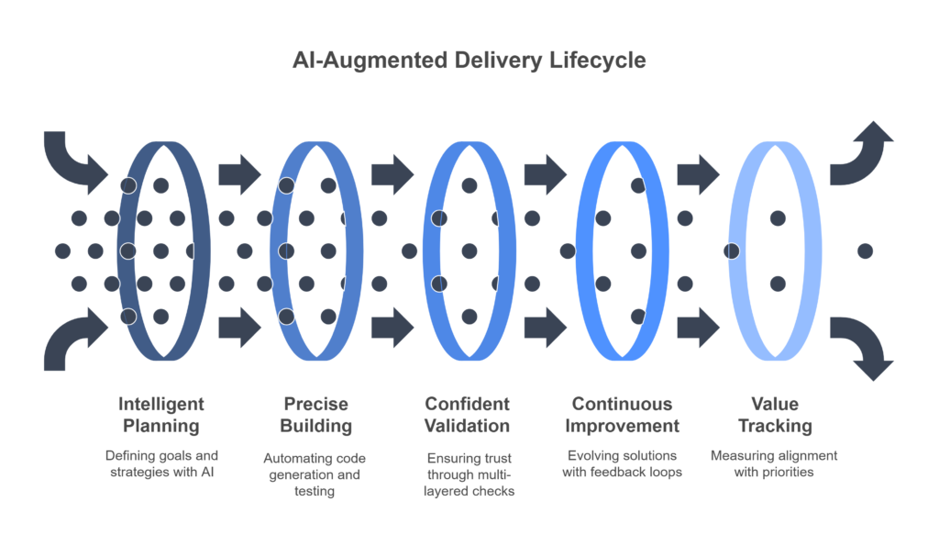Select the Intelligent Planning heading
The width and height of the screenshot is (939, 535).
tap(161, 415)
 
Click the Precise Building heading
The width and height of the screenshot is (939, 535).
tap(315, 415)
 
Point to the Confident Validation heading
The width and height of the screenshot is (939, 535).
tap(467, 415)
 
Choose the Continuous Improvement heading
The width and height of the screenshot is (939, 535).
tap(623, 415)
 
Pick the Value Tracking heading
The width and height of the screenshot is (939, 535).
tap(775, 415)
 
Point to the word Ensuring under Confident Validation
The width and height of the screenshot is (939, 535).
tap(447, 458)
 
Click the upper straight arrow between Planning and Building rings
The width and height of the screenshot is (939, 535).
tap(239, 174)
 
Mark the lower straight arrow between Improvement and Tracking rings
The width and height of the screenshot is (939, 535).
tap(698, 327)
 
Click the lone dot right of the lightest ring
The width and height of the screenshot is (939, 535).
tap(865, 251)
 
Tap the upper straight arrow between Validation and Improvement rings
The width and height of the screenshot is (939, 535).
tap(546, 174)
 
